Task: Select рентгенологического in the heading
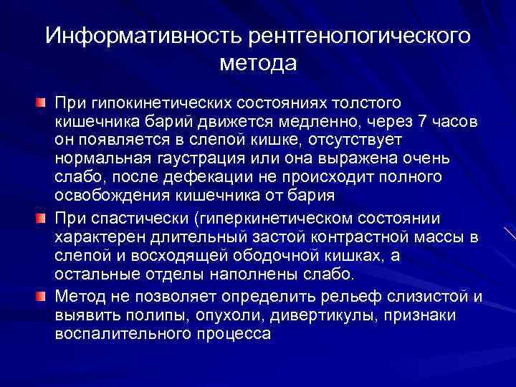click(x=360, y=36)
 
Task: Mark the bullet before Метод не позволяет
click(x=42, y=294)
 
